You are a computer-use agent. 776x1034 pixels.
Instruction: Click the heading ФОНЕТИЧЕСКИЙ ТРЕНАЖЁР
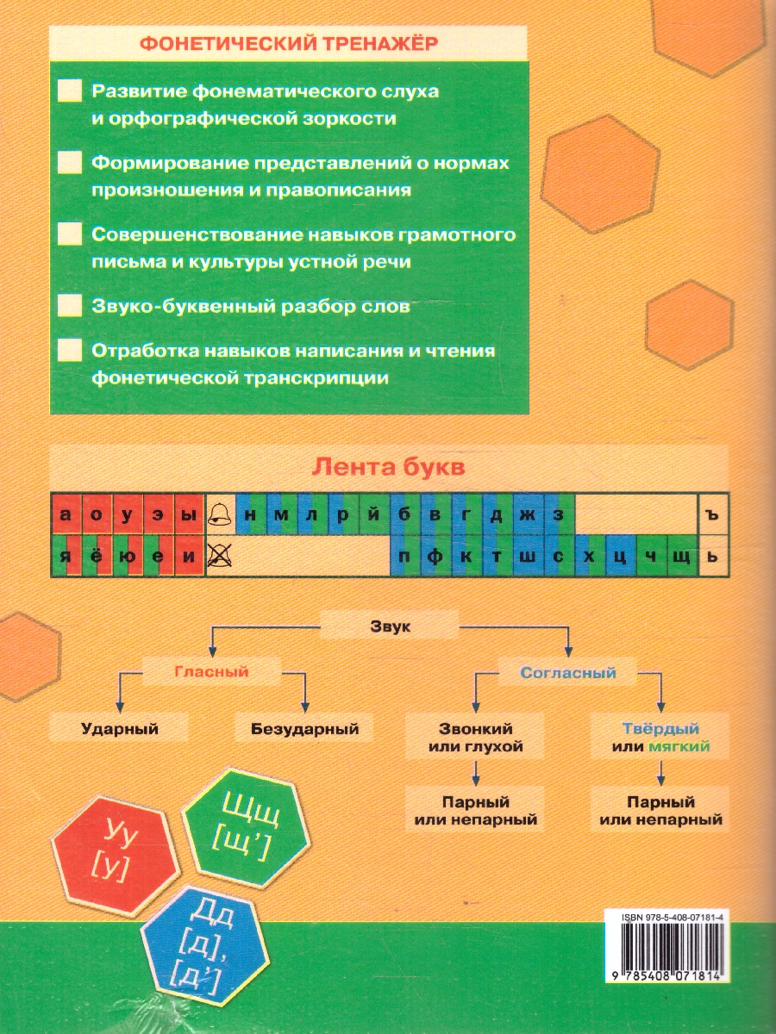[x=290, y=44]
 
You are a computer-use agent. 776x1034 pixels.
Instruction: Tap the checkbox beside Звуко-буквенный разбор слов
[x=69, y=306]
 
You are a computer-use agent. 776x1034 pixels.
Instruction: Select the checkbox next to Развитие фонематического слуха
[x=69, y=90]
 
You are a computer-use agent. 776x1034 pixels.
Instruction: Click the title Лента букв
[x=389, y=467]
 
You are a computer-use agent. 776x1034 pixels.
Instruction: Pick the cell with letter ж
[x=529, y=514]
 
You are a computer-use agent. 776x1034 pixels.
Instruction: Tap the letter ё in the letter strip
[x=97, y=556]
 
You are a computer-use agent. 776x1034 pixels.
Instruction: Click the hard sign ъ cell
[x=711, y=514]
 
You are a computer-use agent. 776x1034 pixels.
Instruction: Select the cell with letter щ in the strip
[x=682, y=556]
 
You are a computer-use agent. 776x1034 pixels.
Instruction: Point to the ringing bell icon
[x=221, y=514]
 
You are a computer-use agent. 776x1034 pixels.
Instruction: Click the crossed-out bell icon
[x=221, y=556]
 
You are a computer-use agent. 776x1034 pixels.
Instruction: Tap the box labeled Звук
[x=391, y=627]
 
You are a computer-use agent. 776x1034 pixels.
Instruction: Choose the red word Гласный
[x=211, y=671]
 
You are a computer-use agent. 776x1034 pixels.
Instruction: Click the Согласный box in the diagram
[x=568, y=672]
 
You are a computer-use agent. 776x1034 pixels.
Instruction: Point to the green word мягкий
[x=679, y=747]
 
